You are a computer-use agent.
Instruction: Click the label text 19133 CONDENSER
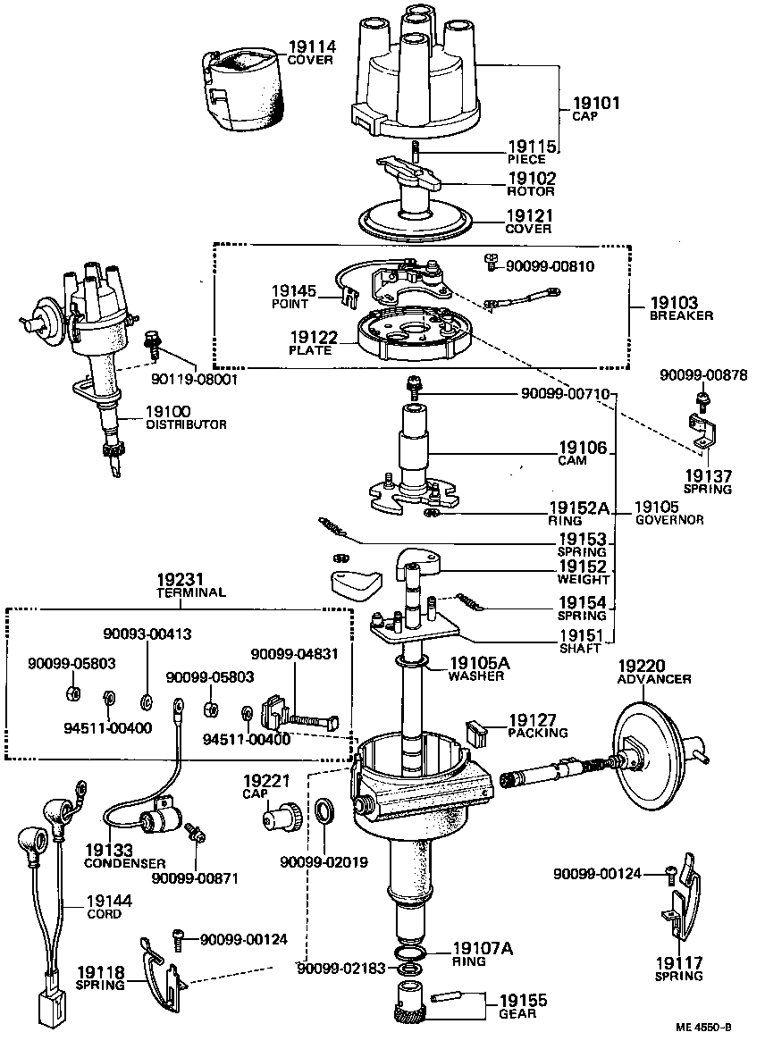point(124,856)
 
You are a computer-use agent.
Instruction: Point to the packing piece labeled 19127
point(478,733)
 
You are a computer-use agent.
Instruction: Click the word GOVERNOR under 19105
point(669,520)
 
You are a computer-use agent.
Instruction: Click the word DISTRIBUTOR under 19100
point(186,424)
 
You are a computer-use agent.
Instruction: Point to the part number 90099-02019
point(324,863)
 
